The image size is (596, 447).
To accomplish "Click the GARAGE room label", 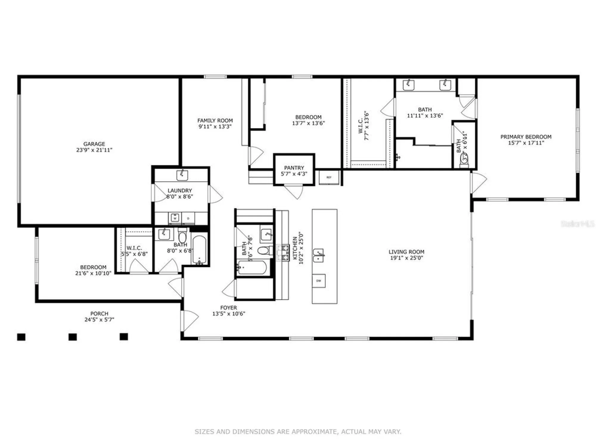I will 94,144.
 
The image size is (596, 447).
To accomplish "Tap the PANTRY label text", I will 294,168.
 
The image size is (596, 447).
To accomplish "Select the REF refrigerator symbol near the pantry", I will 329,177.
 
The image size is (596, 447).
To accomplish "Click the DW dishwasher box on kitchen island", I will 319,281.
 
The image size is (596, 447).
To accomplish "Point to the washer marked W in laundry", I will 175,218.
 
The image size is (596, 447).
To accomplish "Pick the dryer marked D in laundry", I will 188,218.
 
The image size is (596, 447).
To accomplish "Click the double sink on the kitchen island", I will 318,256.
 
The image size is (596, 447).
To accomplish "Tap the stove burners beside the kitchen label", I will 283,253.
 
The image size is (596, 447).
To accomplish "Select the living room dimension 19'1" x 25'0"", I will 406,258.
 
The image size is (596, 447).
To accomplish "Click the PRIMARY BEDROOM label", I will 526,137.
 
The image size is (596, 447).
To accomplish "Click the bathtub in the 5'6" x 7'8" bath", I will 252,268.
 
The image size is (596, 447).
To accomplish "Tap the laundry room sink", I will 182,175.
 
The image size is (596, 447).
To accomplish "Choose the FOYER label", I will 229,308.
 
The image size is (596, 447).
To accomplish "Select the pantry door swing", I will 294,192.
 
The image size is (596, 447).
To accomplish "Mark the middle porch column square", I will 72,337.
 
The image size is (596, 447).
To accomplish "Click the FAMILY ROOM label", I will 215,120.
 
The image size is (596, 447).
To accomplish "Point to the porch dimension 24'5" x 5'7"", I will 99,320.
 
